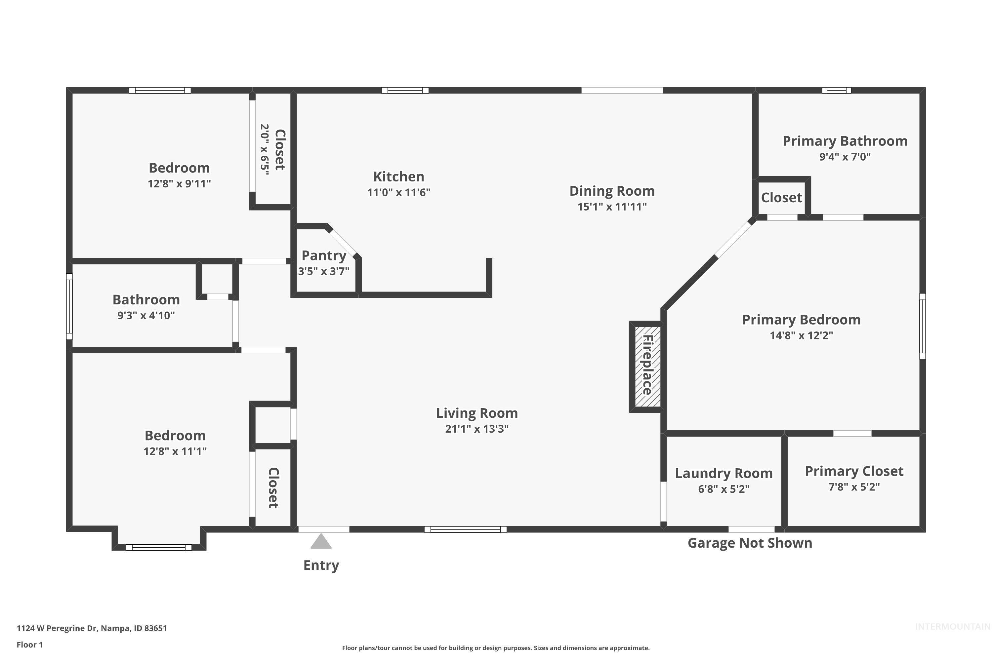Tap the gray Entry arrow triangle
[321, 541]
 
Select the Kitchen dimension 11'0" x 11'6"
[398, 192]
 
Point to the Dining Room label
[612, 191]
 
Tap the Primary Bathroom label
[845, 141]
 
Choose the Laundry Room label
[724, 473]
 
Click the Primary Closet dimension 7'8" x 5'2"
[854, 487]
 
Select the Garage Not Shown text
[750, 543]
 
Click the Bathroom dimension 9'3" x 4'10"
[146, 315]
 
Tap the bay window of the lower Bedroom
[159, 547]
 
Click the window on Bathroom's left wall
[69, 306]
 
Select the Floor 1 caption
[29, 644]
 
